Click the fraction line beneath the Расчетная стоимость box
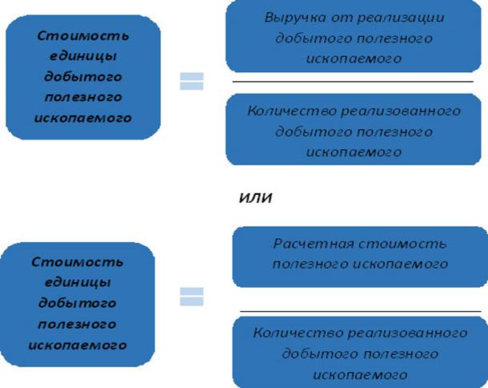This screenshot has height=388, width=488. pos(360,310)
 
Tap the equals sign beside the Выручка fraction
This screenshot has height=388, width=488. pos(191,82)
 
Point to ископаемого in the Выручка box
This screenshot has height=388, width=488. pos(355,59)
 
